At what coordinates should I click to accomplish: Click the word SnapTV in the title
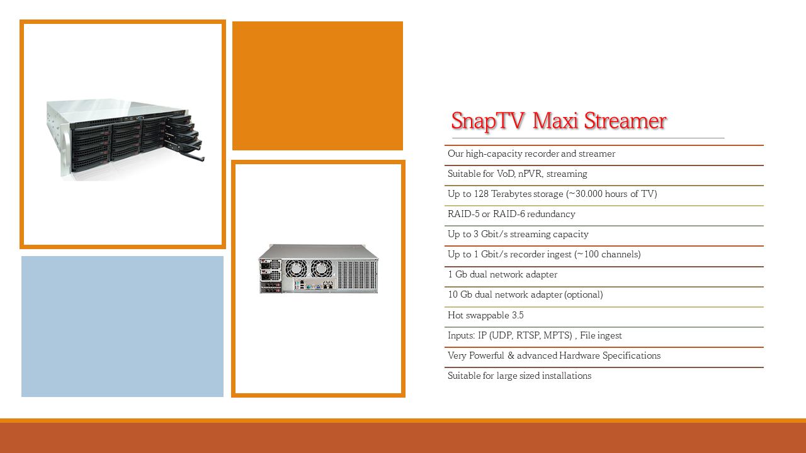click(487, 121)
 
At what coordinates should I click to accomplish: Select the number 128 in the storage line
click(481, 194)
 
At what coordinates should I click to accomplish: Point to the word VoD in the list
click(506, 174)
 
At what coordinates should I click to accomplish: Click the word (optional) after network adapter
click(583, 295)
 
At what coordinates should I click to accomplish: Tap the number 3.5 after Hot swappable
click(518, 315)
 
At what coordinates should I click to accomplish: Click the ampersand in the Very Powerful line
click(511, 355)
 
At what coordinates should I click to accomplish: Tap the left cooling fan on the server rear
click(296, 269)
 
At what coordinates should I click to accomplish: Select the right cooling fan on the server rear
click(321, 269)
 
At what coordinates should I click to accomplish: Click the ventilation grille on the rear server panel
click(357, 275)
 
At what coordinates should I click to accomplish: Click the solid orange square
click(317, 86)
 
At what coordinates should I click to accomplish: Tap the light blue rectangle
click(122, 327)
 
